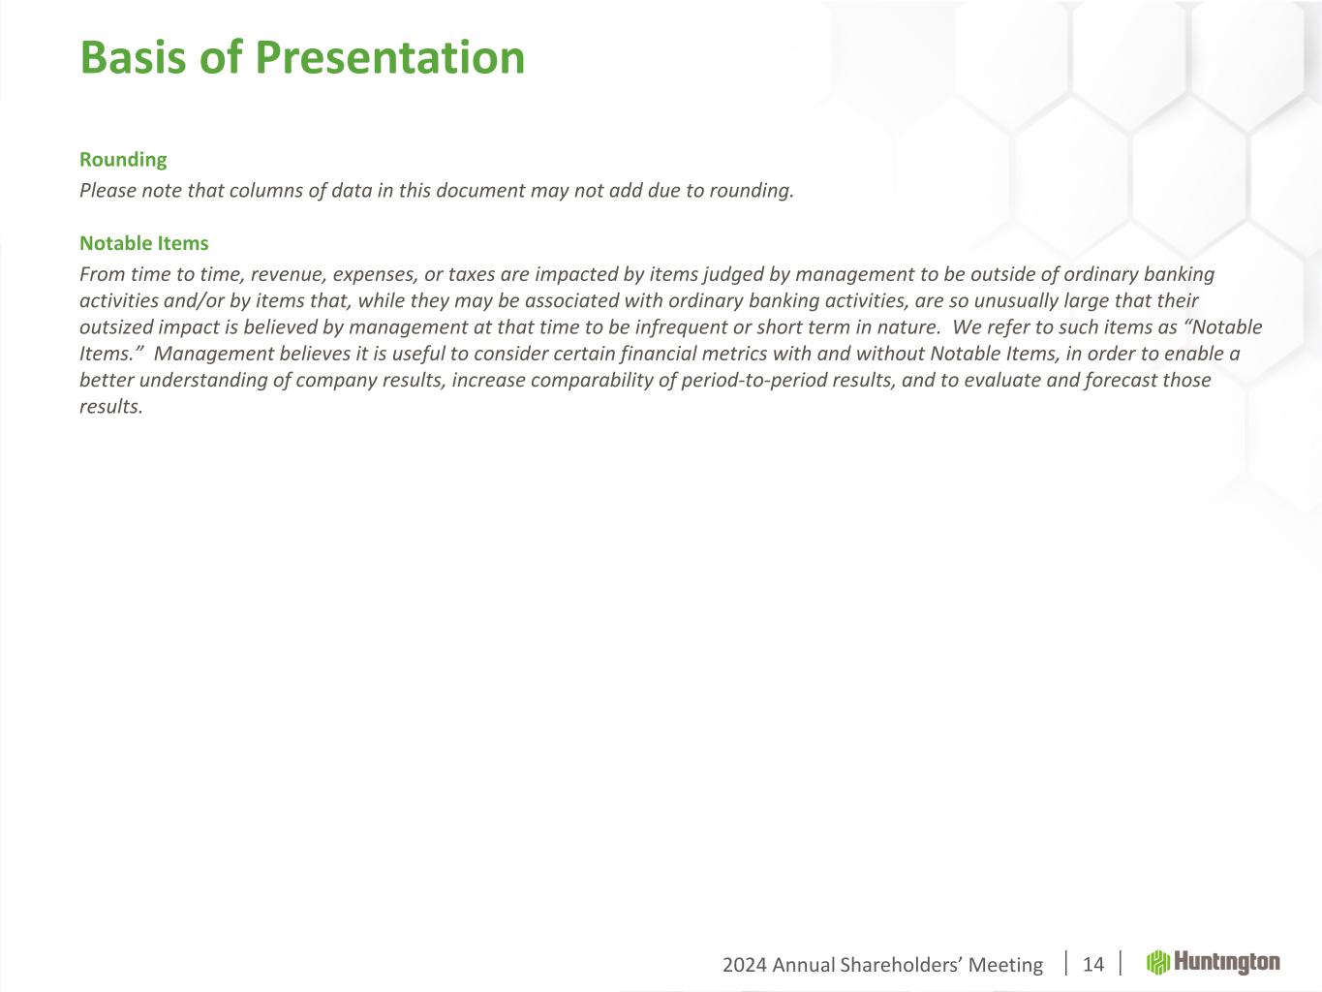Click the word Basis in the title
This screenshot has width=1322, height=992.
click(x=133, y=57)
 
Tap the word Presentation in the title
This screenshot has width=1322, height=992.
click(x=389, y=58)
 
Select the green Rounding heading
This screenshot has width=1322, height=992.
click(x=123, y=160)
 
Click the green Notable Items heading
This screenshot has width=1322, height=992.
click(x=144, y=243)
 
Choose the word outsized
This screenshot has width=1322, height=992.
click(x=116, y=327)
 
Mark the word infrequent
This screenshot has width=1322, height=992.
click(x=681, y=327)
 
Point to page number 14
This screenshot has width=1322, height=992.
click(x=1093, y=965)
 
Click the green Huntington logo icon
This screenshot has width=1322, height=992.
click(x=1157, y=963)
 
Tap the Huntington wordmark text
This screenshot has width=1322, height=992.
click(x=1227, y=963)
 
